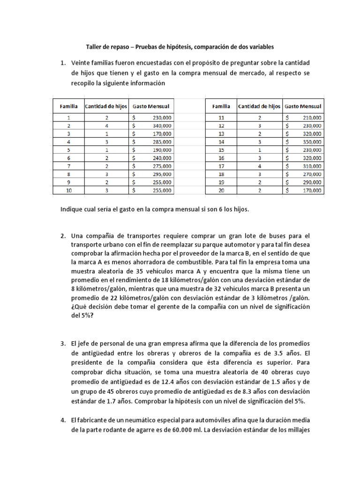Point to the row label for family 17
coord(223,166)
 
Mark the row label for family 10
coord(69,190)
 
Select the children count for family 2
coord(107,126)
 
